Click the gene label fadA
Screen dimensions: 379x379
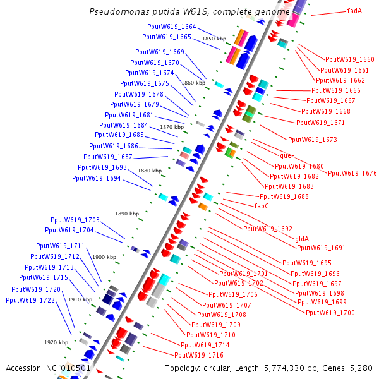pos(354,11)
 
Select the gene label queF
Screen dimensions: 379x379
pos(287,155)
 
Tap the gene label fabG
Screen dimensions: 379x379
pos(262,206)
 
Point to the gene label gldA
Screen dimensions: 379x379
pos(302,239)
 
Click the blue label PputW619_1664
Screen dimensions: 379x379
pos(172,27)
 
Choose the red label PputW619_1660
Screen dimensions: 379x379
pos(349,59)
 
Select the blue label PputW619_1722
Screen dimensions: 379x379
pos(30,299)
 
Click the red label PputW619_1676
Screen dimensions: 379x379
pos(352,173)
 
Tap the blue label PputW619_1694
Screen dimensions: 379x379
pos(97,178)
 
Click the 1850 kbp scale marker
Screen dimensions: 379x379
pos(214,39)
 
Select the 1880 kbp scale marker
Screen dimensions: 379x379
pos(150,171)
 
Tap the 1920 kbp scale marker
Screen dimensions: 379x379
pos(56,342)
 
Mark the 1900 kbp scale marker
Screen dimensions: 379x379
pos(104,257)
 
